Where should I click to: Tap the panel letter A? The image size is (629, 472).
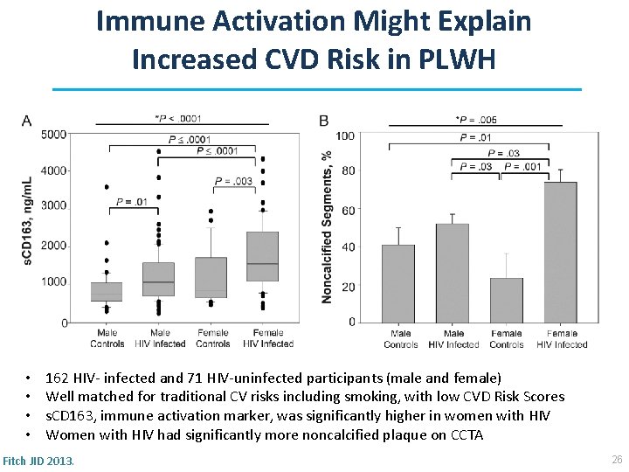click(27, 120)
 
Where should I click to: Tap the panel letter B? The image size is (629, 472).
click(324, 120)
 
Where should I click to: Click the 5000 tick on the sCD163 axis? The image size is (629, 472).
click(53, 134)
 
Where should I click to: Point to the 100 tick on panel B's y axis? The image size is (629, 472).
click(345, 135)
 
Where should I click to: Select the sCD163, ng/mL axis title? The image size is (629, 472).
click(27, 220)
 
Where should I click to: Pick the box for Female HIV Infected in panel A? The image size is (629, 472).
click(263, 256)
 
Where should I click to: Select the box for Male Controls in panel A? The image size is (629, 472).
click(107, 291)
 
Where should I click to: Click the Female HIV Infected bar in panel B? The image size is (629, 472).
click(560, 253)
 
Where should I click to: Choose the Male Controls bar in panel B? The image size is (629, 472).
click(398, 284)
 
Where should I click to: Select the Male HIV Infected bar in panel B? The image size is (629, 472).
click(453, 274)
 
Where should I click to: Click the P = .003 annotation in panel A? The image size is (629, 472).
click(234, 181)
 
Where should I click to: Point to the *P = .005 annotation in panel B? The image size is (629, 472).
click(477, 119)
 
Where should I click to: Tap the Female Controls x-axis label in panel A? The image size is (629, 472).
click(212, 338)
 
